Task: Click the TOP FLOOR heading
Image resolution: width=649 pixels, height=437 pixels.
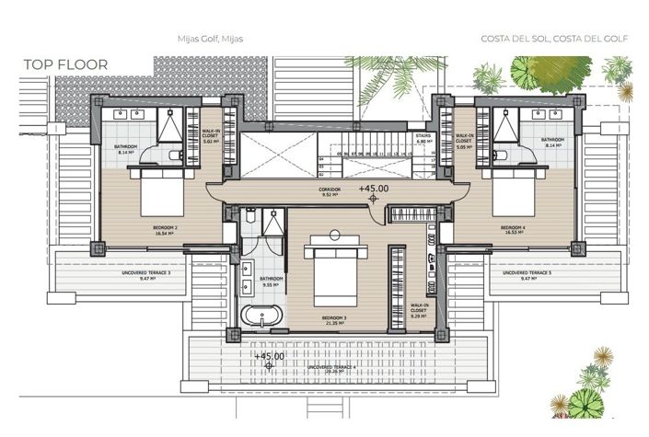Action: [x=66, y=64]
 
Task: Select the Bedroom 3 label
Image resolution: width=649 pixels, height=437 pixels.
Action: [x=332, y=320]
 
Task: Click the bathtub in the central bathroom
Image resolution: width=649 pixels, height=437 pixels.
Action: [x=261, y=319]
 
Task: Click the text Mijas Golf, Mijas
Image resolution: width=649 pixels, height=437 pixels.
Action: [x=209, y=40]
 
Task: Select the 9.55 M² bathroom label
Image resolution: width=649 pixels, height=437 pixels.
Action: [x=271, y=282]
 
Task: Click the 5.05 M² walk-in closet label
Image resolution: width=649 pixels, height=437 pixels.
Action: [x=463, y=141]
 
